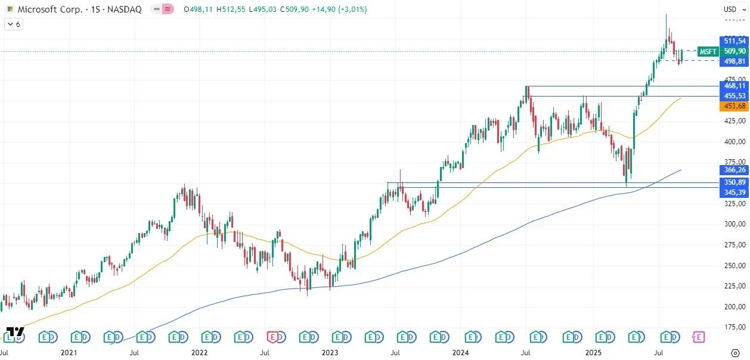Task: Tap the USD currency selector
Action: [730, 9]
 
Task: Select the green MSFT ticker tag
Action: [708, 51]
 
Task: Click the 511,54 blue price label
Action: [734, 41]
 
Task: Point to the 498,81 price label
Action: [734, 61]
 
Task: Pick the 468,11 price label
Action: [734, 86]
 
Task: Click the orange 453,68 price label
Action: [734, 106]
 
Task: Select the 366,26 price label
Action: [734, 170]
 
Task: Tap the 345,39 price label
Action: [734, 192]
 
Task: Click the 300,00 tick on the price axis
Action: [734, 224]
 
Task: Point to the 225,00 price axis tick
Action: [734, 286]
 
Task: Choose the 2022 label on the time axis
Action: [199, 353]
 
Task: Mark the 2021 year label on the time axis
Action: [69, 353]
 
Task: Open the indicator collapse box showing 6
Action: [13, 24]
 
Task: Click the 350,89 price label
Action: [734, 182]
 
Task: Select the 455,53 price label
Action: [734, 96]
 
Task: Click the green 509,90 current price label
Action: [734, 51]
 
